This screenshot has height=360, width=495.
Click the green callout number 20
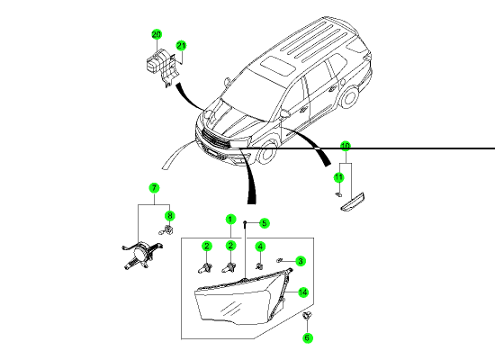point(157,34)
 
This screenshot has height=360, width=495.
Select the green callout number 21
point(181,46)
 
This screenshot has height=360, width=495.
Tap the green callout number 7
point(154,188)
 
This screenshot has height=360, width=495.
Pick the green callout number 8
point(170,216)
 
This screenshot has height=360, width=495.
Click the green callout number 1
point(230,220)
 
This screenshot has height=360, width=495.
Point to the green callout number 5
point(265,223)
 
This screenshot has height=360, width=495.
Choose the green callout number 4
point(260,247)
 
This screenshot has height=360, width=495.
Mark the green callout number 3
point(301,261)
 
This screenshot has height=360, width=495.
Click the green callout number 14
point(302,292)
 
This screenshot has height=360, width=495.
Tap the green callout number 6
point(307,337)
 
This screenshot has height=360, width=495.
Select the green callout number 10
point(346,146)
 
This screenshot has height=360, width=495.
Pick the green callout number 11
point(338,177)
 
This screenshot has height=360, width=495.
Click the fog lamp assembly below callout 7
point(141,254)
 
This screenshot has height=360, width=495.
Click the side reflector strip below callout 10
point(354,202)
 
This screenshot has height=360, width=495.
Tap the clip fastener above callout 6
point(307,315)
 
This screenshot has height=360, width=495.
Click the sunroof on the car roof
point(277,65)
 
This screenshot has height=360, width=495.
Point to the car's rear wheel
point(349,96)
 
